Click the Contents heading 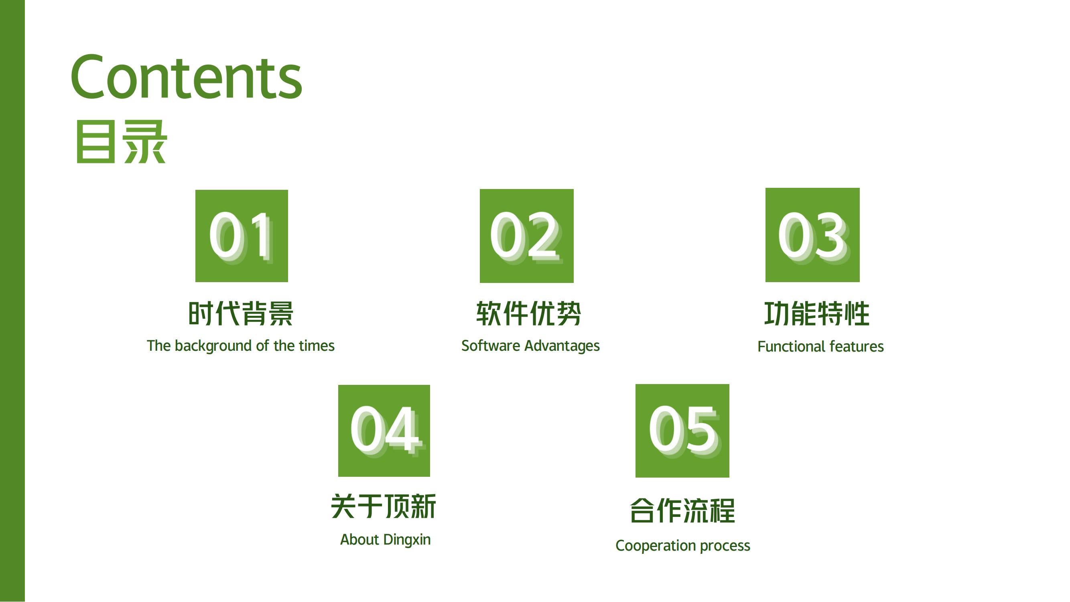tap(187, 77)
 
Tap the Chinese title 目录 tap(121, 142)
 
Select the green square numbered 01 tap(242, 236)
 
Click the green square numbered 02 tap(527, 236)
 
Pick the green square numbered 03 tap(812, 235)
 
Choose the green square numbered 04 tap(384, 431)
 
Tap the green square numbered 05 tap(682, 431)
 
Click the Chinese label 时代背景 tap(241, 313)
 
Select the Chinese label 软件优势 tap(528, 313)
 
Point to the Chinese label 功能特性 tap(817, 313)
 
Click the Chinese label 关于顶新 tap(384, 506)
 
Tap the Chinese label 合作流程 tap(682, 510)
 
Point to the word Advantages tap(562, 346)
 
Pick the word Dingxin tap(407, 540)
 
